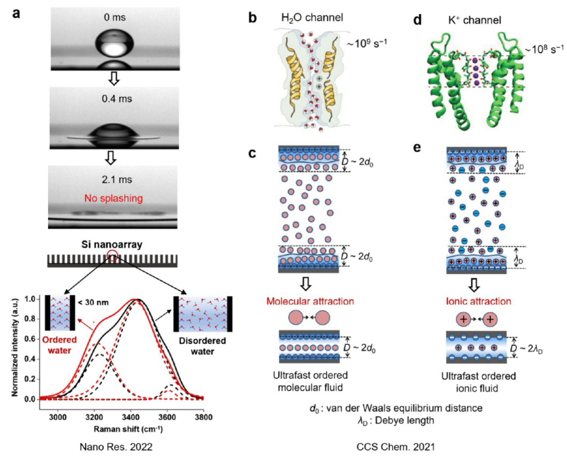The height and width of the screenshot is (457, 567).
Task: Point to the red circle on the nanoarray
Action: click(114, 255)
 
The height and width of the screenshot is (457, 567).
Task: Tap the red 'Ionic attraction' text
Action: click(467, 301)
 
